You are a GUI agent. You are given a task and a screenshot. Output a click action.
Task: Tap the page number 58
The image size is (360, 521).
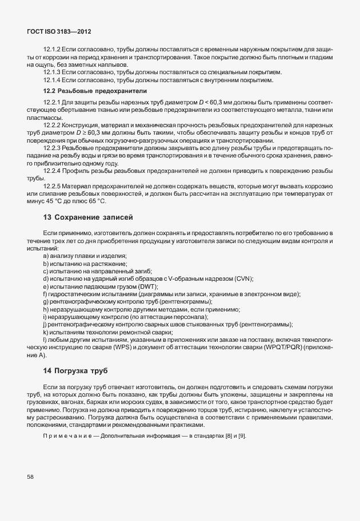pyautogui.click(x=31, y=476)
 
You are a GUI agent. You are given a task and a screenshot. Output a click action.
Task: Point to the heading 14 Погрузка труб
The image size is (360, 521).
pyautogui.click(x=75, y=371)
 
